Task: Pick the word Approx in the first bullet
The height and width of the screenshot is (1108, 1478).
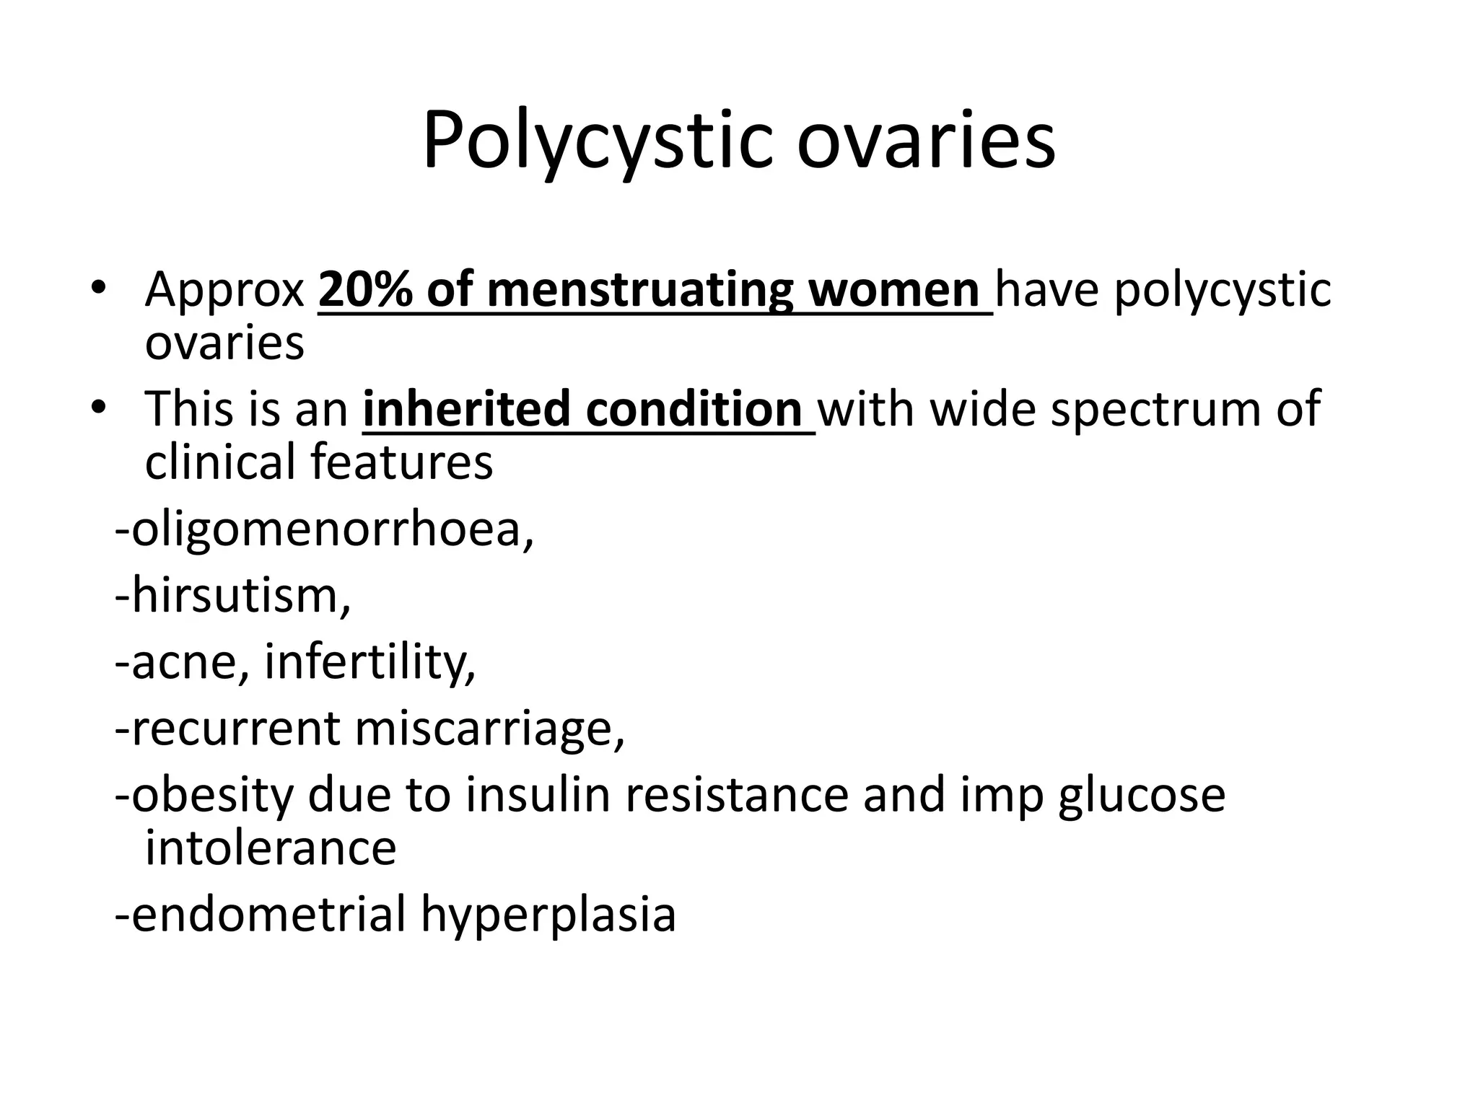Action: tap(224, 290)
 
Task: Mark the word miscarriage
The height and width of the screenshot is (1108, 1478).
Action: tap(489, 728)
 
